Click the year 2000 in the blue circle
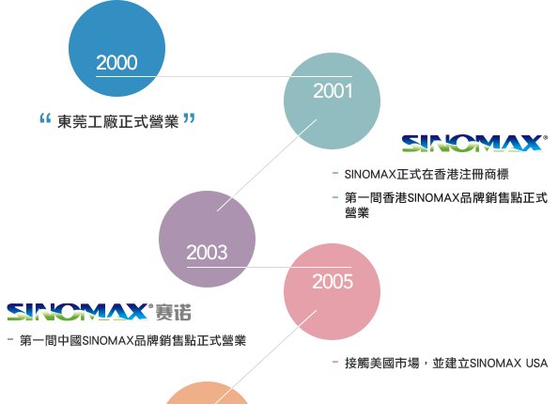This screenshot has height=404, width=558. coord(116,63)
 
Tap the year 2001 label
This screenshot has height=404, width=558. coord(333,91)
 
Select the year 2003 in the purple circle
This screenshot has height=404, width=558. coord(207,253)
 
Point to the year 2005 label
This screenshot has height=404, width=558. coord(333,282)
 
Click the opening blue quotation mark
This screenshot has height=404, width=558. coord(45,118)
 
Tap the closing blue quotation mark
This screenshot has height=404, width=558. coord(189,118)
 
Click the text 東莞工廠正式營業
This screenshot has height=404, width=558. coord(117,122)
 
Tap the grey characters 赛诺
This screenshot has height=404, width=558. coord(173,312)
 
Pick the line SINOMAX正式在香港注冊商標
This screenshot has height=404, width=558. coord(426,175)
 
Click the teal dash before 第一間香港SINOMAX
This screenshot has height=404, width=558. coord(334,197)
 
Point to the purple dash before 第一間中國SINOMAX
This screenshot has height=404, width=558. coord(10,339)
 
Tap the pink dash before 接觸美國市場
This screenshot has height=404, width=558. coord(334,362)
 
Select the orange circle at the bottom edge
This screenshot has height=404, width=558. coord(207,394)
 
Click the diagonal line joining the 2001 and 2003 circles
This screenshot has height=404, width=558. coord(267,165)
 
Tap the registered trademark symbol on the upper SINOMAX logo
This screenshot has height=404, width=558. coord(546,137)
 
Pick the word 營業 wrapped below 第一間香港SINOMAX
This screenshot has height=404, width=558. coord(357,212)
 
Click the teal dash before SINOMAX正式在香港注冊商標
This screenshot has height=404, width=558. coord(334,174)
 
